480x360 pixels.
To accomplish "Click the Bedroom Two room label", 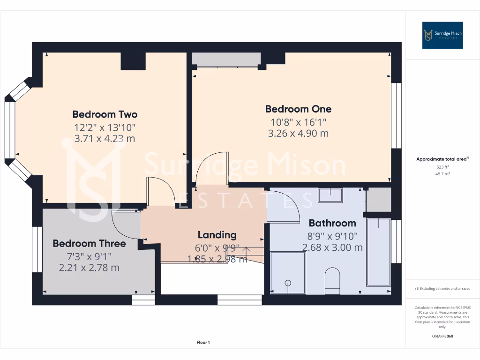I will coord(105,114).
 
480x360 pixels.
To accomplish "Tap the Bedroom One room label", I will coord(298,109).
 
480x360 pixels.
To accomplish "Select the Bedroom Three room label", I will coord(89,244).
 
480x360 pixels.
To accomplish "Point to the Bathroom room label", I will coord(332,223).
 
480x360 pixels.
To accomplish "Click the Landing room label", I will coord(217,235).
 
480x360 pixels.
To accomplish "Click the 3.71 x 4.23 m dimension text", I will coord(105,139).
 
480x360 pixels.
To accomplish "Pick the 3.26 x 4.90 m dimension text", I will coord(298,133).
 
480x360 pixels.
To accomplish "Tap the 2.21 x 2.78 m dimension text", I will coord(89,268).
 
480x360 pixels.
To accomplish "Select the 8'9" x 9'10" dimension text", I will coord(332,236).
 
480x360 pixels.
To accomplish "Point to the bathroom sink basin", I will coord(330,195).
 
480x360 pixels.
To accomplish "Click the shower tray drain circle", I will coord(288,283).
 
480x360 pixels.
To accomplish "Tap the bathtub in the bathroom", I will coord(378,251).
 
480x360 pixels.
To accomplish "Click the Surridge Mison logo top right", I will coord(442,35).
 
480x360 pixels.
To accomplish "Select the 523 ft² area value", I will coord(442,167).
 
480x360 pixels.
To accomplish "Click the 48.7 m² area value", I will coord(442,173).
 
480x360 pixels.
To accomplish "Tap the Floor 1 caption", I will coord(203,343).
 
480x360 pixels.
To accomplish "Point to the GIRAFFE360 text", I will coord(442,336).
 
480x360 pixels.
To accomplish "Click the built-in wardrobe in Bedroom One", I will coord(226,59).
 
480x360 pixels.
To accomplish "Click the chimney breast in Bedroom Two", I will coord(133,61).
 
